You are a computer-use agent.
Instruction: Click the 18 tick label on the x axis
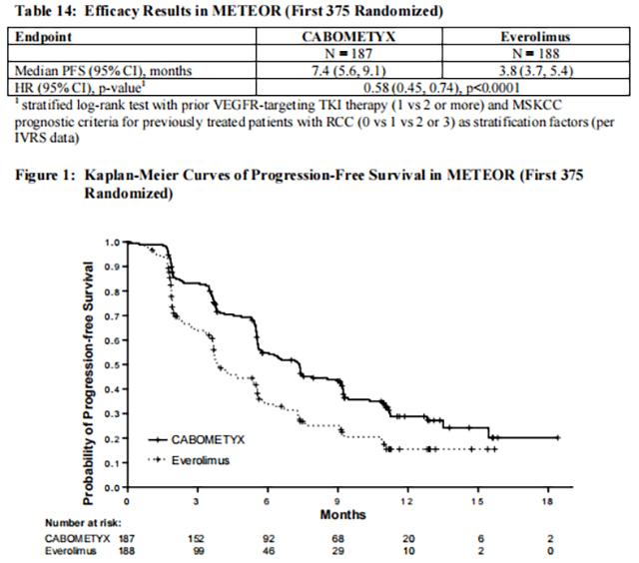coord(546,500)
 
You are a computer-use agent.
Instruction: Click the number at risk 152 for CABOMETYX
coord(198,537)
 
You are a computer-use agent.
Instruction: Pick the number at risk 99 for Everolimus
coord(198,550)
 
